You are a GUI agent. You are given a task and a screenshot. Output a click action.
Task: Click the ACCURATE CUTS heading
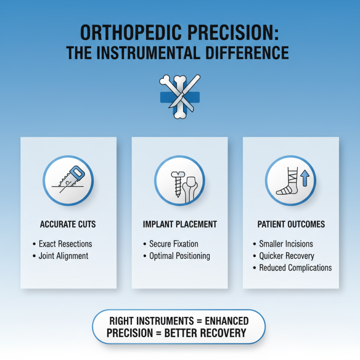coord(68,224)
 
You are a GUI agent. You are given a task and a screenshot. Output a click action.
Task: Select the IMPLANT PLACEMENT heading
coord(180,224)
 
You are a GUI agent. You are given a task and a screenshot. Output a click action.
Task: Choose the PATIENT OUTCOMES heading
coord(291,224)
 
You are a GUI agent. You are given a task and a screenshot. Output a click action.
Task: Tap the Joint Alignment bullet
coord(63,256)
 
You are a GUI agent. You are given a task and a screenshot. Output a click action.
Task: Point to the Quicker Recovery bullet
coord(287,256)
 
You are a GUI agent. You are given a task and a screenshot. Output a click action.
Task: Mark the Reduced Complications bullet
coord(295,267)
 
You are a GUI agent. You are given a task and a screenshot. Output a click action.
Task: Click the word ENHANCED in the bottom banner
coord(224,321)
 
